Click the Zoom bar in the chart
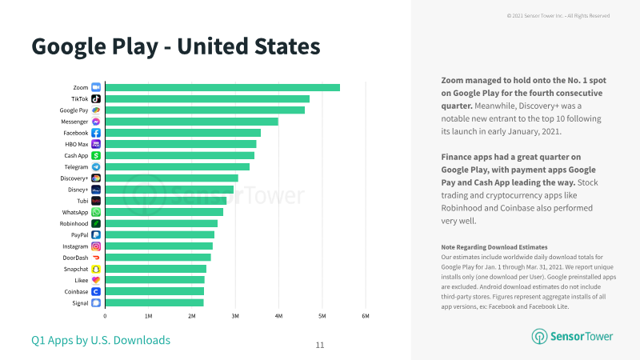[x=222, y=87]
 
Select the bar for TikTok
[x=207, y=98]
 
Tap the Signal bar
[x=154, y=303]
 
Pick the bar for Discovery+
[x=171, y=178]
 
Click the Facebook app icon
[x=96, y=133]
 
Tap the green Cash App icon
[x=96, y=155]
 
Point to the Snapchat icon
[x=96, y=269]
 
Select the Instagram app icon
[x=96, y=246]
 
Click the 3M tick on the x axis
[x=235, y=316]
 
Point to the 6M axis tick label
[x=366, y=316]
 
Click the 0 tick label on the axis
[x=105, y=316]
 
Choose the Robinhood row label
[x=74, y=224]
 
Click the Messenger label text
[x=74, y=122]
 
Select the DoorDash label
[x=75, y=258]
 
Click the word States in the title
[x=287, y=46]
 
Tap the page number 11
[x=320, y=346]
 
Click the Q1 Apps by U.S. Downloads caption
[x=101, y=340]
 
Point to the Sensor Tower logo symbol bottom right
[x=539, y=336]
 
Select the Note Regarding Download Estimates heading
[x=494, y=247]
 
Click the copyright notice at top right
[x=558, y=16]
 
